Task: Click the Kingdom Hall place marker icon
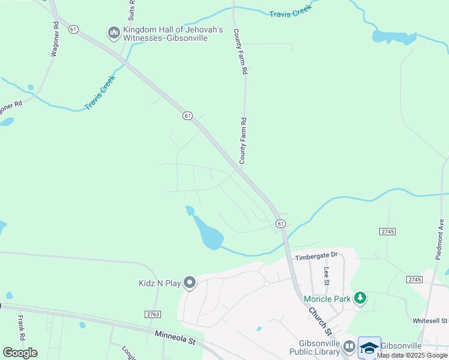(x=114, y=32)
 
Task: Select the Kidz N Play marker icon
(x=190, y=282)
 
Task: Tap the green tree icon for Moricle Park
(x=360, y=298)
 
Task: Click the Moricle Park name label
(x=327, y=299)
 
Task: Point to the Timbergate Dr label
(x=316, y=256)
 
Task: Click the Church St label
(x=320, y=321)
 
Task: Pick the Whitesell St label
(x=430, y=322)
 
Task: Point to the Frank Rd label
(x=21, y=325)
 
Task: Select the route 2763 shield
(x=153, y=314)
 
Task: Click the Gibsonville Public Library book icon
(x=349, y=347)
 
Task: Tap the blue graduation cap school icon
(x=369, y=347)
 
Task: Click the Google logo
(x=20, y=353)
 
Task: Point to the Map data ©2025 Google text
(x=412, y=355)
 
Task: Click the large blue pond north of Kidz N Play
(x=208, y=233)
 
